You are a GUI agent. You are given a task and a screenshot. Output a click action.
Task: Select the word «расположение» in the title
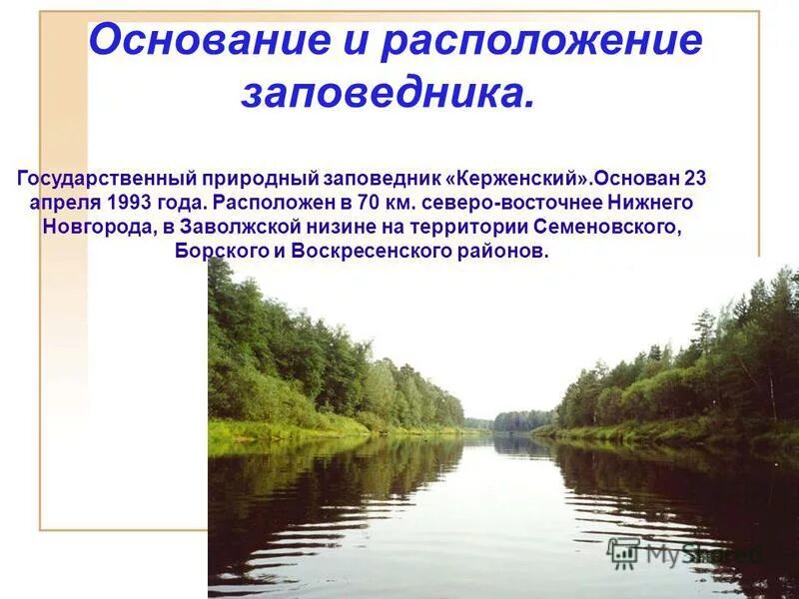[541, 42]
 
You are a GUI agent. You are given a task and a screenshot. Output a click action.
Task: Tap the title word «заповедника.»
[388, 93]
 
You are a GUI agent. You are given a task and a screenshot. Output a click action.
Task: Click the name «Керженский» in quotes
[520, 179]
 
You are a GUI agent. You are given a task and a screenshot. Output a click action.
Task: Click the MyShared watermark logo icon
[624, 552]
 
